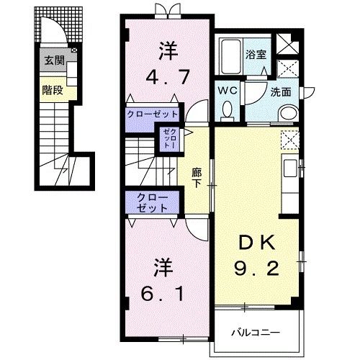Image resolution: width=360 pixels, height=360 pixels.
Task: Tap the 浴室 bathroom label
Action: (x=254, y=54)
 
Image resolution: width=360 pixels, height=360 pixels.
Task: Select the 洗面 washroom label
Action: (x=260, y=91)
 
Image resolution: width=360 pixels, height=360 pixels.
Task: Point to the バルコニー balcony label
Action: (x=256, y=333)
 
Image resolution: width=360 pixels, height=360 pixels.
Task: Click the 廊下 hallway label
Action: (x=197, y=177)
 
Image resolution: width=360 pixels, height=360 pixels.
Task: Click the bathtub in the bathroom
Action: (x=231, y=55)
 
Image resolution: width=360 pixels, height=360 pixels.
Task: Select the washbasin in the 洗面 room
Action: (x=287, y=114)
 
